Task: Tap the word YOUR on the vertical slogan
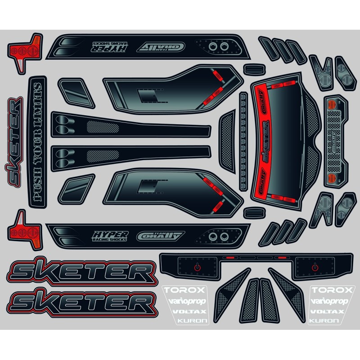point(38,151)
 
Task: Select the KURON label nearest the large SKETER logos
point(180,321)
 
